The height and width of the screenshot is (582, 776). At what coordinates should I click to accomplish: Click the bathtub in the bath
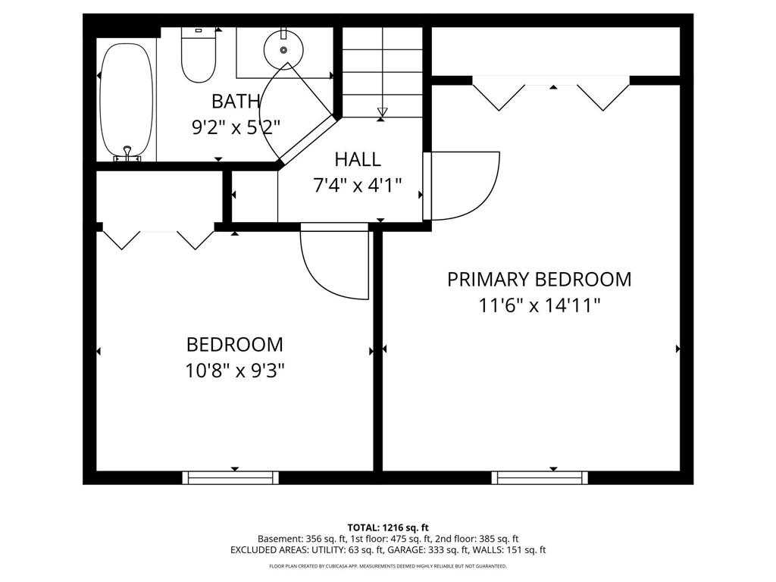tap(127, 102)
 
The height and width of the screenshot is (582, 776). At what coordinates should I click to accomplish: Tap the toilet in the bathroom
tap(199, 55)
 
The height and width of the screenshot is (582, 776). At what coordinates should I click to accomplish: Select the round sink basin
tap(283, 51)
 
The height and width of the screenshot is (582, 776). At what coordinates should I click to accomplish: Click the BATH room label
tap(236, 102)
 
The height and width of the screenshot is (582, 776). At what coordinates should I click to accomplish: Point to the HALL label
tap(358, 159)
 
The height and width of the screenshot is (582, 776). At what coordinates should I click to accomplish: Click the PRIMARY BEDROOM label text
tap(540, 279)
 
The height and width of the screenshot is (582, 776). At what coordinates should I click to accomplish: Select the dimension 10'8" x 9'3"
tap(235, 370)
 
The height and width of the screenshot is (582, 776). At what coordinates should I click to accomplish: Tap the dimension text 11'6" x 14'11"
tap(540, 305)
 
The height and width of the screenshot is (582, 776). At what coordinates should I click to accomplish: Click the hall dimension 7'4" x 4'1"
tap(358, 186)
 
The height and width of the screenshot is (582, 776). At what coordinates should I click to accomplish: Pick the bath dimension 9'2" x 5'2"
tap(236, 127)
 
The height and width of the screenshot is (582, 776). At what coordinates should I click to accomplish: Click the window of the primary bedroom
tap(540, 477)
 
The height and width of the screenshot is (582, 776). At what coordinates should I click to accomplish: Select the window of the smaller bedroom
tap(230, 477)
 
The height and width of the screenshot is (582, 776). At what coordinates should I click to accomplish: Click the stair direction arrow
tap(382, 111)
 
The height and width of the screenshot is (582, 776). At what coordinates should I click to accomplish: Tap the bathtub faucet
tap(127, 154)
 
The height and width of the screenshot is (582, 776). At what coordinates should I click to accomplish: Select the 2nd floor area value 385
tap(487, 539)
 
